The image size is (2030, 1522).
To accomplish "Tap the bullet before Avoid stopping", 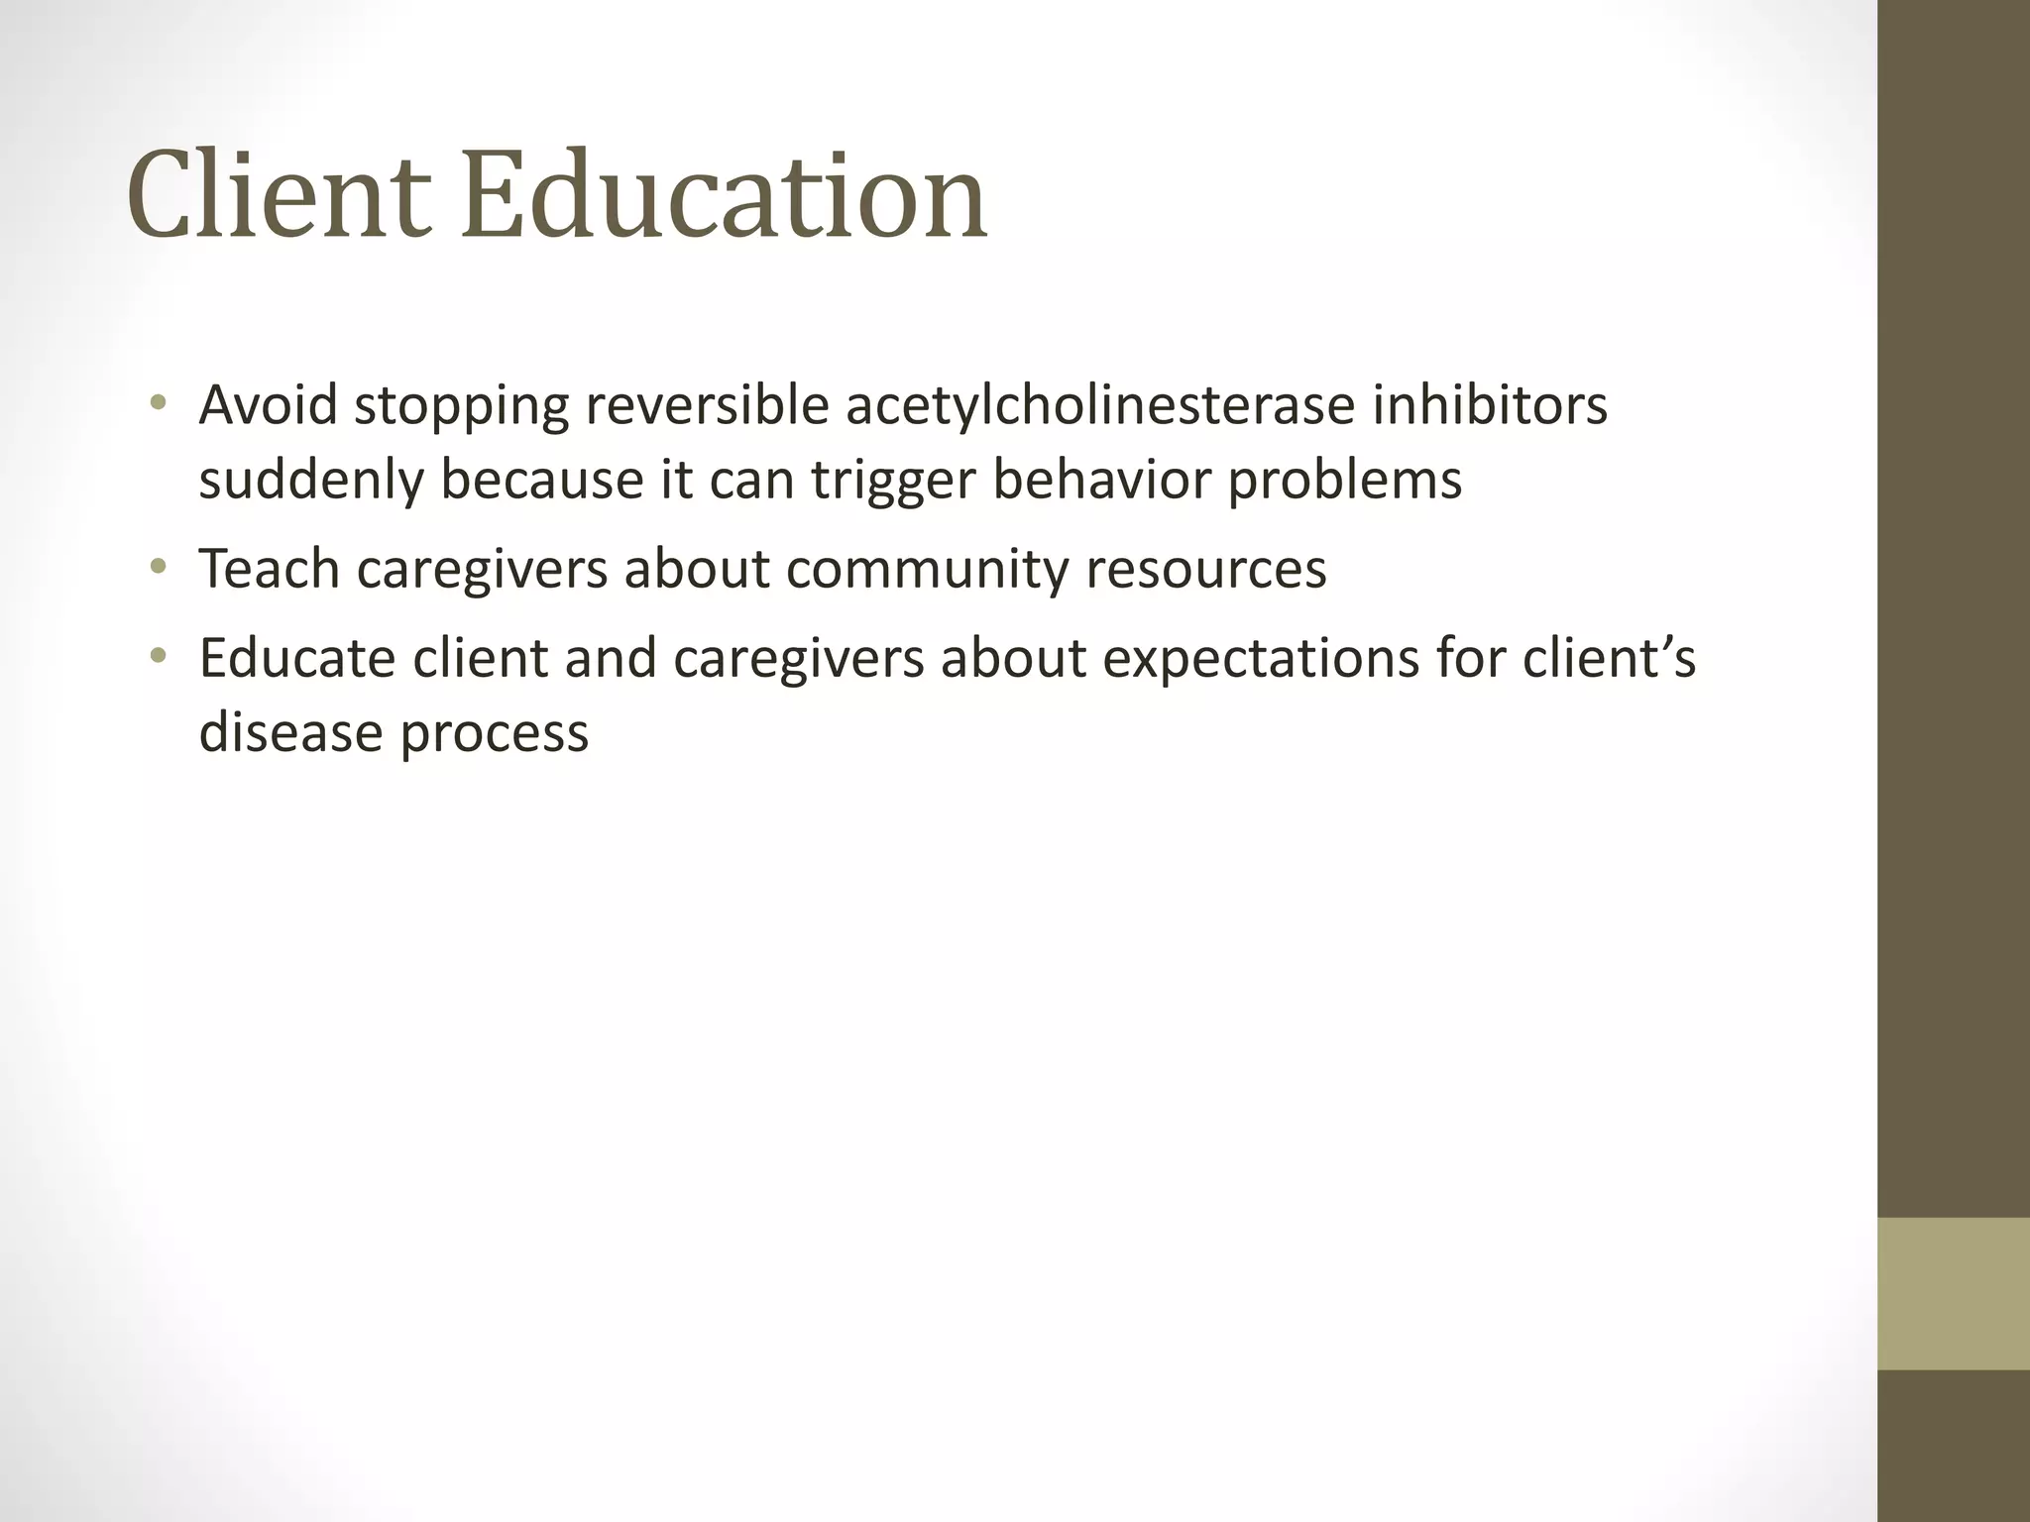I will pos(158,403).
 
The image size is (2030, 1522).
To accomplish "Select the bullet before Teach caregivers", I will pos(158,568).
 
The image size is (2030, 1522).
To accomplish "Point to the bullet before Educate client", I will pos(158,656).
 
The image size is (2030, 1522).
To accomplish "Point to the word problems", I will pos(1345,481).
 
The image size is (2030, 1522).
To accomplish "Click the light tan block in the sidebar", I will pos(1953,1293).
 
